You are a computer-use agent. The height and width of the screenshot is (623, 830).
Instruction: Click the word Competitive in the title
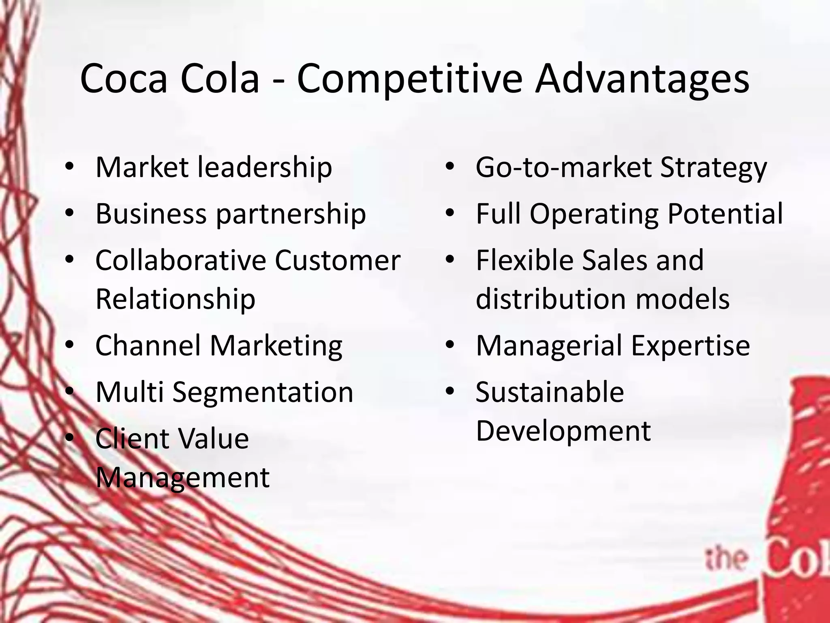(409, 79)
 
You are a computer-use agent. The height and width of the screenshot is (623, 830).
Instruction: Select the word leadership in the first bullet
(264, 167)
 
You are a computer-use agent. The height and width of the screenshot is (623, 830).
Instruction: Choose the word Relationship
(175, 299)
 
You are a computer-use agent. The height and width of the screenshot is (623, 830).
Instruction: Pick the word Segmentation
(263, 393)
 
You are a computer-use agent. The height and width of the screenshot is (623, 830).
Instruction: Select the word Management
(182, 477)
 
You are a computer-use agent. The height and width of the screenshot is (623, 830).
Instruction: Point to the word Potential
(725, 214)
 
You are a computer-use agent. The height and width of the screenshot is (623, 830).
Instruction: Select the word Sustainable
(550, 392)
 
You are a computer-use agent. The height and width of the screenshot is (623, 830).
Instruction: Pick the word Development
(563, 431)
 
